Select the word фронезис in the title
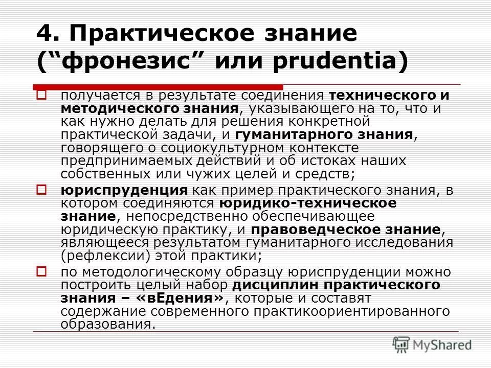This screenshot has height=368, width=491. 117,62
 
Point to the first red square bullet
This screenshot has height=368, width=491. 42,95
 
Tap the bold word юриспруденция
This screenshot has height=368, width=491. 124,191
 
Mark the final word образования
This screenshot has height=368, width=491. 106,324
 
